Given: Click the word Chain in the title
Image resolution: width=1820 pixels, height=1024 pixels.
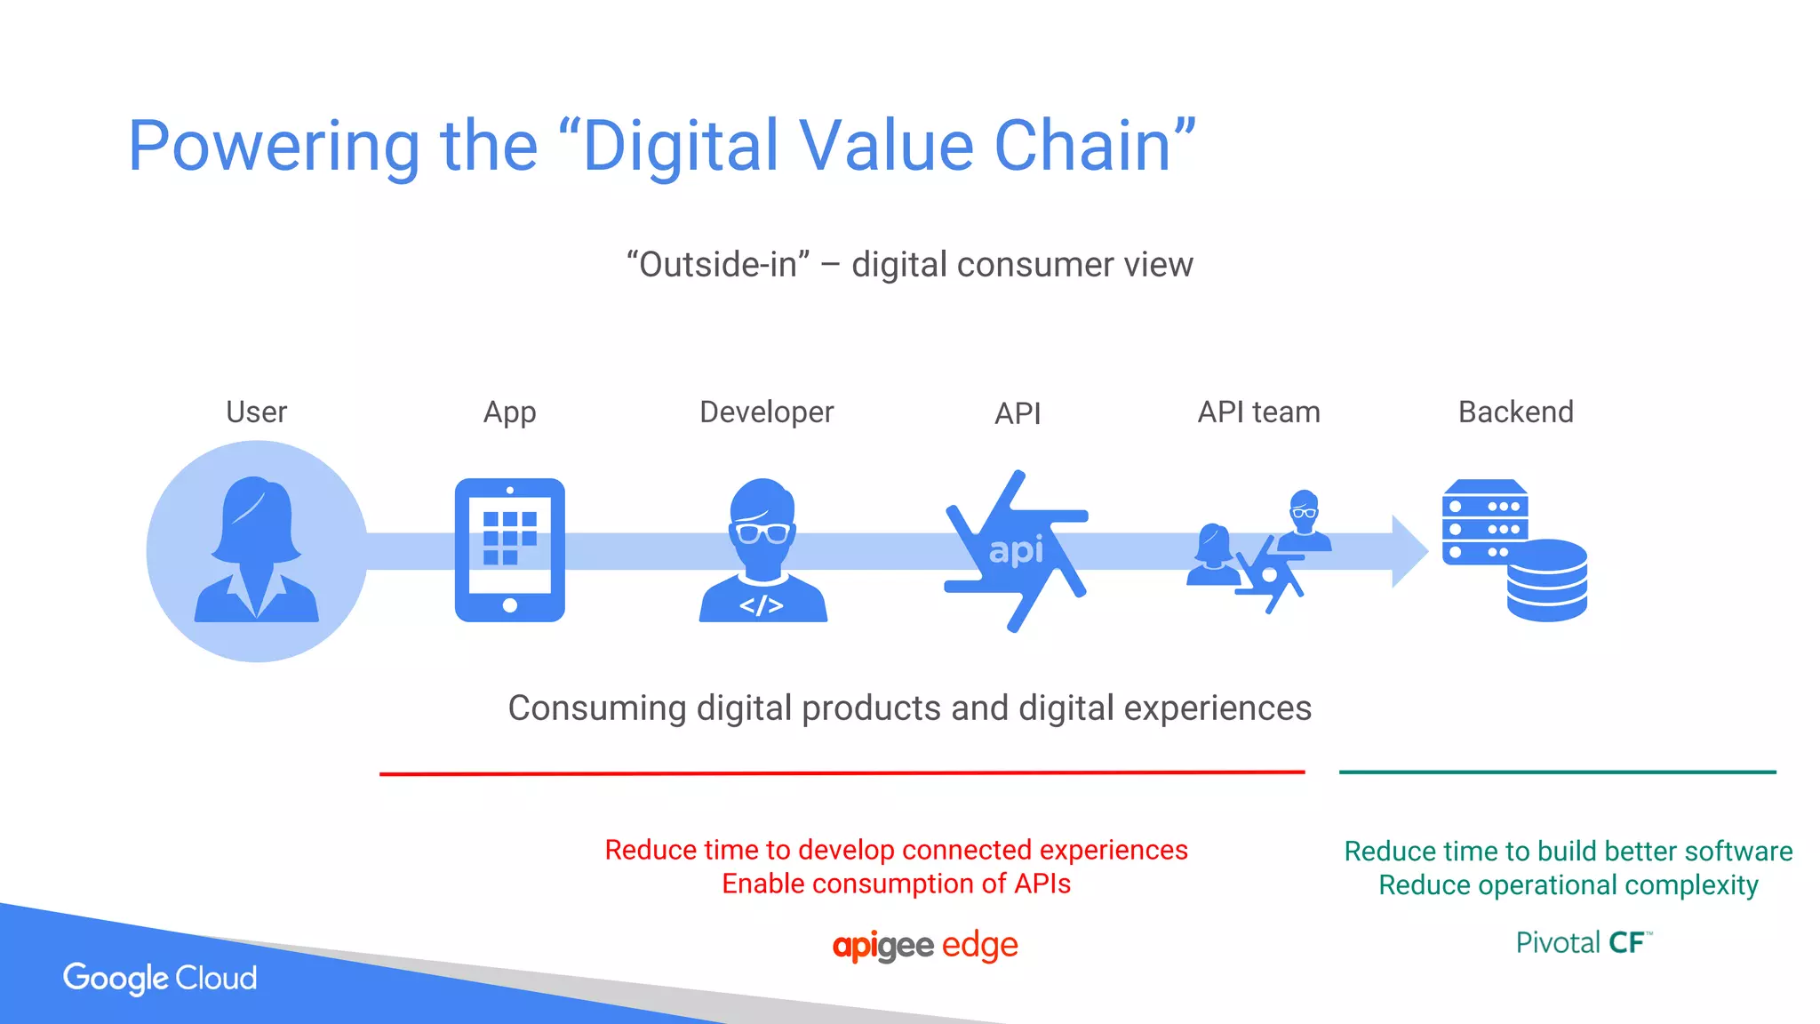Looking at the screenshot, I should pos(1094,146).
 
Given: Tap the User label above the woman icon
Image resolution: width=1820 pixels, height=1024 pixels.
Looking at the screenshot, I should pos(256,412).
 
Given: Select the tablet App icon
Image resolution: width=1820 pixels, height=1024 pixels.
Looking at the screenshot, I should pos(509,549).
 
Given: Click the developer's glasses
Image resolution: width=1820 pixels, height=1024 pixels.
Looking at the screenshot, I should pos(762,533).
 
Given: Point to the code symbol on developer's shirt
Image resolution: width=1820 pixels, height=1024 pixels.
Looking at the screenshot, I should pos(762,606).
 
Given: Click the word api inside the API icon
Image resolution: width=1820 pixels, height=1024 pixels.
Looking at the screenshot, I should pos(1016,550).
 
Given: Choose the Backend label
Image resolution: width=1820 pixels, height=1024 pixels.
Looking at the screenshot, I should pos(1515,412).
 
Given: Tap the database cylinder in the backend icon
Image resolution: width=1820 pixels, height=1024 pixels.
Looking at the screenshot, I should pos(1546,580).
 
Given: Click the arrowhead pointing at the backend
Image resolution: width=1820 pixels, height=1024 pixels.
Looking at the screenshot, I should pos(1409,551).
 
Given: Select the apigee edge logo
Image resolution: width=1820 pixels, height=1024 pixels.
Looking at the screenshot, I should pos(925,945).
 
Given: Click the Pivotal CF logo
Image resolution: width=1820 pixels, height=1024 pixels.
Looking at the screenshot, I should pos(1583,942).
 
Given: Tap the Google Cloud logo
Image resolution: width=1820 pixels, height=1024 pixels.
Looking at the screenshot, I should pos(160,978).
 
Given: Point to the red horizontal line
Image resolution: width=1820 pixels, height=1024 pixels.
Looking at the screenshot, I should pos(842,773).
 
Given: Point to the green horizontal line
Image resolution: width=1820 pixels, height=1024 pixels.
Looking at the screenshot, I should pos(1557,772).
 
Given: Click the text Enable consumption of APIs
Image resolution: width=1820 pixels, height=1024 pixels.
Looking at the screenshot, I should pos(896,884).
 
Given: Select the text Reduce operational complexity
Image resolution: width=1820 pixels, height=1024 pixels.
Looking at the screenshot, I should pos(1568,885).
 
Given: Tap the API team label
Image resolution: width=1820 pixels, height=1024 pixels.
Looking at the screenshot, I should pos(1258,412).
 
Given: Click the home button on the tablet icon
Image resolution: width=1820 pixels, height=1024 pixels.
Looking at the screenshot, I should pos(510,605).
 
